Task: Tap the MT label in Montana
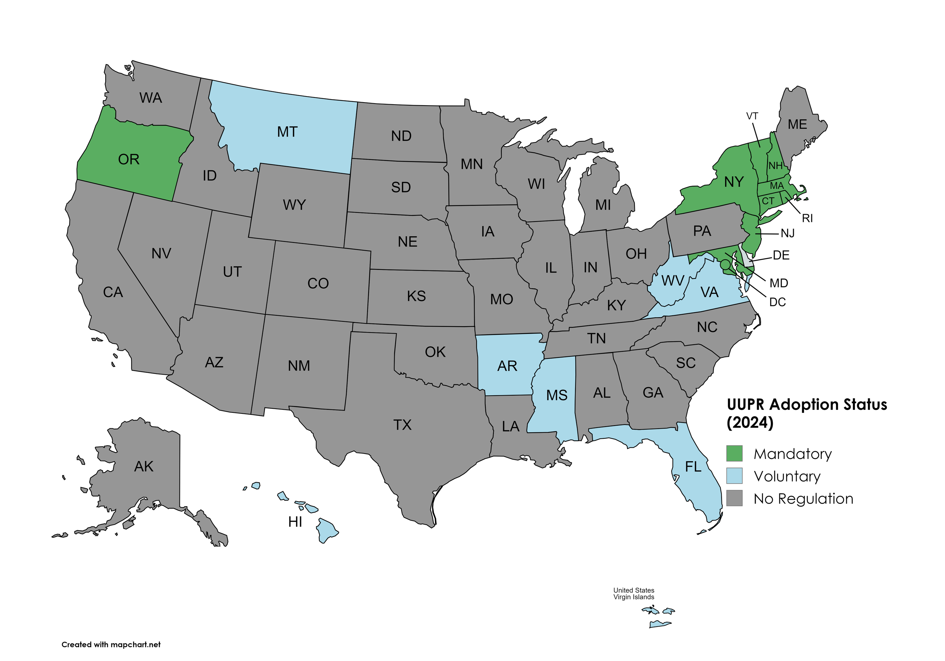tap(287, 132)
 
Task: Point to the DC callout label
tap(778, 302)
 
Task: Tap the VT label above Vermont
tap(752, 116)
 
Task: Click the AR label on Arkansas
tap(507, 366)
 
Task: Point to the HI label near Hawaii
tap(295, 522)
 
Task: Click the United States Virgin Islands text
tap(633, 594)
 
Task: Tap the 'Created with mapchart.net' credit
tap(111, 644)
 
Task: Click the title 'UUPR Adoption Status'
tap(806, 405)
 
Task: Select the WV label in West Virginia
tap(673, 281)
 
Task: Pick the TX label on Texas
tap(402, 425)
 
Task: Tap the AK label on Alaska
tap(144, 466)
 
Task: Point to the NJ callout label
tap(787, 234)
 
